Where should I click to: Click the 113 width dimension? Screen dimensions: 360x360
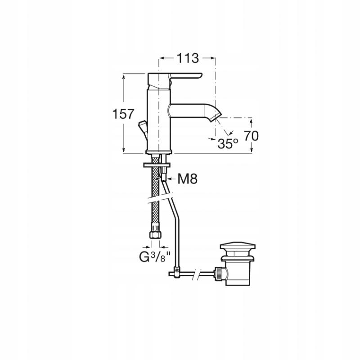[187, 58]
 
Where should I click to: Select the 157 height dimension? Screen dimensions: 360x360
[123, 114]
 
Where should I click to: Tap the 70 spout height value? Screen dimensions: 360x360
[251, 136]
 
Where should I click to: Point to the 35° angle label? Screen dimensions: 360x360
[228, 144]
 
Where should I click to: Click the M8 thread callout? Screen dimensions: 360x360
[187, 179]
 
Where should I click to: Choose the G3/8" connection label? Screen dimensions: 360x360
[155, 257]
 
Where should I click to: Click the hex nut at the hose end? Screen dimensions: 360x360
[155, 235]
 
